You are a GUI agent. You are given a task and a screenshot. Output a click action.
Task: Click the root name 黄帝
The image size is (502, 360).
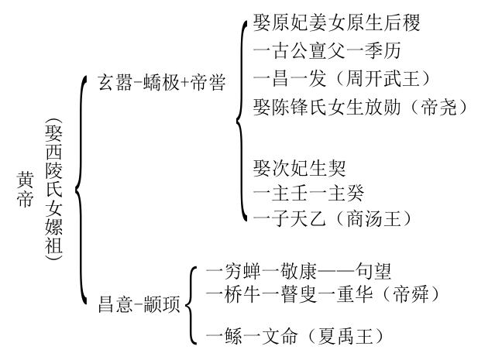coord(24,189)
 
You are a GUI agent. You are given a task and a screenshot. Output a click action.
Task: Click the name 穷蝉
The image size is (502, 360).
coord(241,272)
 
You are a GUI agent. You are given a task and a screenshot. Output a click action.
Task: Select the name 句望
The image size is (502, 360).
coord(373,272)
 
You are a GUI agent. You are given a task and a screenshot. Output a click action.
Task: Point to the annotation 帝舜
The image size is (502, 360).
coord(416,295)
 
